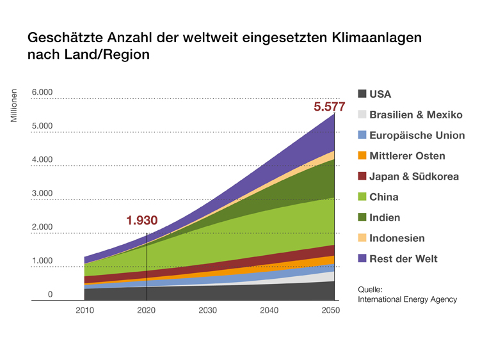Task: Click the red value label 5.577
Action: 329,107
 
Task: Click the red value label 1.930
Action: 141,221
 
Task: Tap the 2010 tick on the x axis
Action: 84,311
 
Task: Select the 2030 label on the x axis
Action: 207,311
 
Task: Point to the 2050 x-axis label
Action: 331,311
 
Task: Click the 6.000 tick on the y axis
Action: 42,93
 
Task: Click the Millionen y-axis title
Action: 14,106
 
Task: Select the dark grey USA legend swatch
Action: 362,94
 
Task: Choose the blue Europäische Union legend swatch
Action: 362,136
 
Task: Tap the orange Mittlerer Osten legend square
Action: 362,156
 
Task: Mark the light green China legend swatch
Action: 362,197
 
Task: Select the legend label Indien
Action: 385,217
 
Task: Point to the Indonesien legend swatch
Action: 362,238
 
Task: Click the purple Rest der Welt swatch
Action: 362,258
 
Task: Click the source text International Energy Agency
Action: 407,299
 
